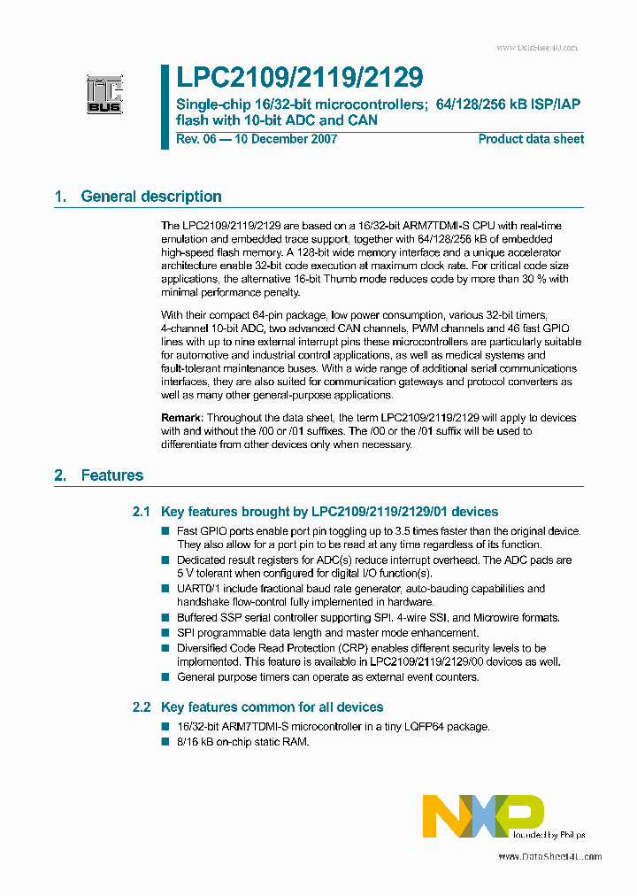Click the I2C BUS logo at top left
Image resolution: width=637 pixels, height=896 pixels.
(x=104, y=95)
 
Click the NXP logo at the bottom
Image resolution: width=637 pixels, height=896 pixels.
(x=483, y=816)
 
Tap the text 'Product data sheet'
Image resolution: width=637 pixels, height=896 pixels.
(x=531, y=139)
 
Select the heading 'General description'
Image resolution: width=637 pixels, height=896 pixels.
(x=151, y=197)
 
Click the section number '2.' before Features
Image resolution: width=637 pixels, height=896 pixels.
(x=60, y=475)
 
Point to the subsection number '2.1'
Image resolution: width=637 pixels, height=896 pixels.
(x=142, y=512)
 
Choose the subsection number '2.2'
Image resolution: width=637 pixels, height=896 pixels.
(x=142, y=707)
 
